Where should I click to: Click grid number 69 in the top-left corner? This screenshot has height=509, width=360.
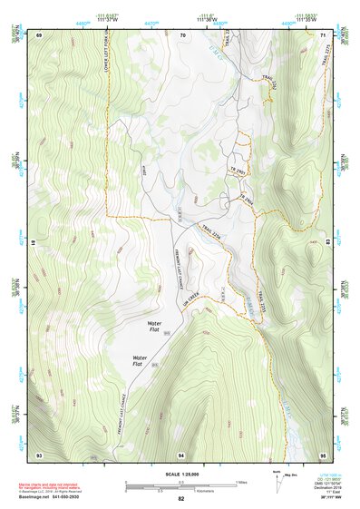(x=40, y=34)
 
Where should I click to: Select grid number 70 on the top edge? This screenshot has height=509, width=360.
(x=183, y=34)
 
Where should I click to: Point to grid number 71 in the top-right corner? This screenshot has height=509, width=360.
(x=324, y=34)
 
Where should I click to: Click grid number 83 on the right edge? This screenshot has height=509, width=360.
(x=328, y=243)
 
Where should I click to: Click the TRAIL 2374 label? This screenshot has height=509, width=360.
(x=212, y=233)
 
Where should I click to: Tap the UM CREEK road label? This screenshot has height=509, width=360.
(x=192, y=299)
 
